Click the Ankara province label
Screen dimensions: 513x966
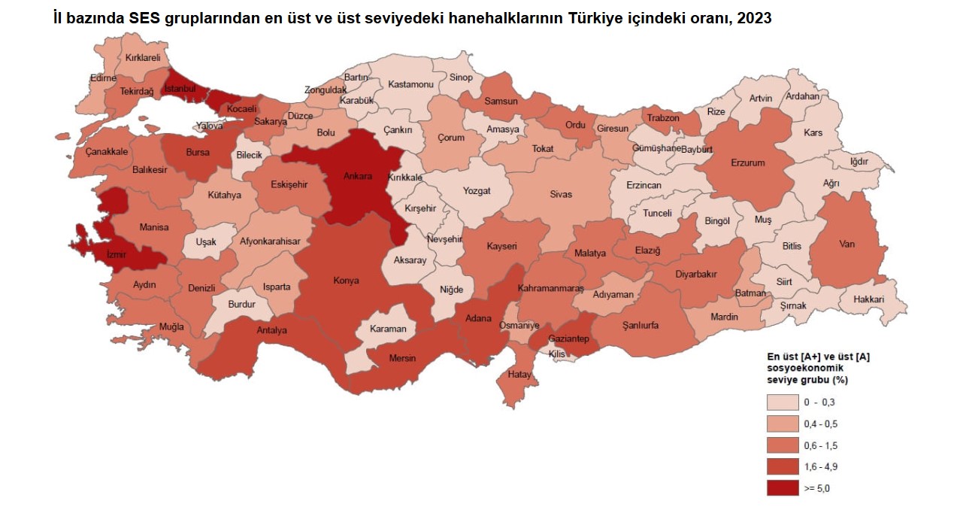pos(358,177)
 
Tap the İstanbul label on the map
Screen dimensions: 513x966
pos(180,88)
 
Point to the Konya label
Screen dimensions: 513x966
pos(346,281)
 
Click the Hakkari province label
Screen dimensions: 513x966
pos(868,299)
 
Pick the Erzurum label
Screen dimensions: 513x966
pos(747,162)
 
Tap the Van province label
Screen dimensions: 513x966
pos(846,244)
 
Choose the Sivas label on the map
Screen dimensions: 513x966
pos(561,194)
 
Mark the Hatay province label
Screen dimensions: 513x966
pos(519,375)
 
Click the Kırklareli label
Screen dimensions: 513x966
pos(143,57)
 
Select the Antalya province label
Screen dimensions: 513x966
pos(271,330)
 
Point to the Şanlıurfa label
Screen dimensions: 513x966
pos(640,326)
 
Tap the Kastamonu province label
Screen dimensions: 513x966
pos(411,84)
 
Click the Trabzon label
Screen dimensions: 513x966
pos(663,118)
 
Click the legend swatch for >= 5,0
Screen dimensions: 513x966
pos(782,488)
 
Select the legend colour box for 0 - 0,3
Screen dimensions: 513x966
pos(782,402)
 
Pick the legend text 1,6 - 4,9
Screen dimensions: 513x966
pos(821,467)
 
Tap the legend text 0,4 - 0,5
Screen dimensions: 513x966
pos(821,424)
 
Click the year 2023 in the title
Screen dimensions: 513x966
pos(754,18)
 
